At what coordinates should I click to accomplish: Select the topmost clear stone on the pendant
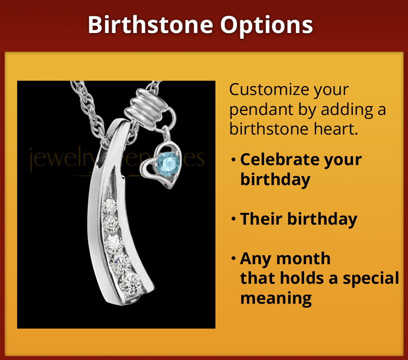pyautogui.click(x=109, y=207)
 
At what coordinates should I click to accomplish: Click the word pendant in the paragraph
pyautogui.click(x=260, y=109)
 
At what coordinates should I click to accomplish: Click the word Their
pyautogui.click(x=261, y=219)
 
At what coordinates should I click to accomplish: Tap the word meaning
pyautogui.click(x=276, y=298)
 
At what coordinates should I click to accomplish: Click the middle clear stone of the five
pyautogui.click(x=113, y=243)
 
